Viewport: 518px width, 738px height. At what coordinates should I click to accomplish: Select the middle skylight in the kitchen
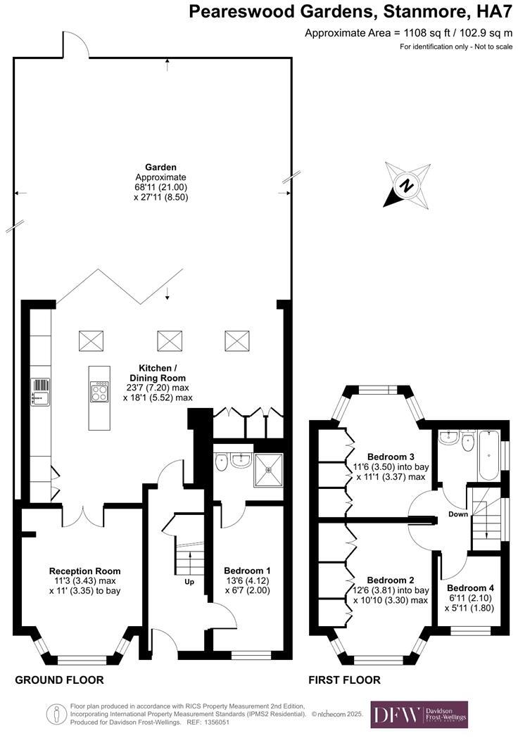169,341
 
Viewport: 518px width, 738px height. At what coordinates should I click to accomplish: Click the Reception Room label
84,571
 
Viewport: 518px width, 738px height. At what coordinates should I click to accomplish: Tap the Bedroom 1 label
247,571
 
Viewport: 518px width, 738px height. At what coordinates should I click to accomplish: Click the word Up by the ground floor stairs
189,583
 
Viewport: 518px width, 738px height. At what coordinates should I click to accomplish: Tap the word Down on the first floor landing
458,514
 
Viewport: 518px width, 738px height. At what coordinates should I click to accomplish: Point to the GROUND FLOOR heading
59,680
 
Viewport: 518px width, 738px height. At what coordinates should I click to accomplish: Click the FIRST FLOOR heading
345,680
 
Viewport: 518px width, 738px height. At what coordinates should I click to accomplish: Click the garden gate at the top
75,45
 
